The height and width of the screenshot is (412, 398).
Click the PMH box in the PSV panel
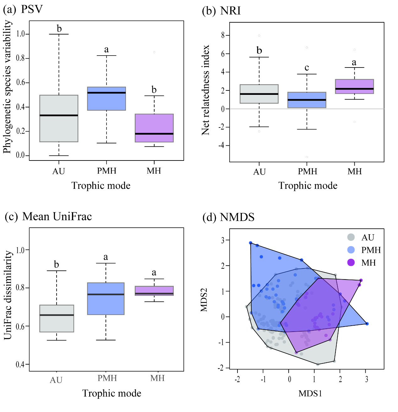click(106, 99)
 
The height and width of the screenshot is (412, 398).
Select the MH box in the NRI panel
click(354, 86)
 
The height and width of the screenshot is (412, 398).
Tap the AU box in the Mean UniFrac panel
click(57, 318)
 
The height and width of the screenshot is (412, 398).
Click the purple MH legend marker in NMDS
click(351, 263)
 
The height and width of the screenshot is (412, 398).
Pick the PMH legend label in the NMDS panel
click(371, 250)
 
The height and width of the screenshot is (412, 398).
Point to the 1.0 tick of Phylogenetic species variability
click(20, 34)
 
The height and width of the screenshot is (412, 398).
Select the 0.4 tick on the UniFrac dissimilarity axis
click(20, 364)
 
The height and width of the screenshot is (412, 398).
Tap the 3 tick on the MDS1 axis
click(366, 379)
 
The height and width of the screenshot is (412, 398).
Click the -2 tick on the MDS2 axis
click(222, 368)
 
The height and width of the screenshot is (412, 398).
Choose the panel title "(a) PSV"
click(23, 9)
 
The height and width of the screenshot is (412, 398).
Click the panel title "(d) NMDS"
click(228, 217)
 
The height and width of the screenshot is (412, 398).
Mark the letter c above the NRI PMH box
click(307, 68)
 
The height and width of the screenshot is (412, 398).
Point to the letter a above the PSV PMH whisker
click(106, 49)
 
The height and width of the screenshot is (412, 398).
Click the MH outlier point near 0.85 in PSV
click(154, 52)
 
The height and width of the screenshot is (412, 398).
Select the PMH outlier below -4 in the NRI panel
click(307, 157)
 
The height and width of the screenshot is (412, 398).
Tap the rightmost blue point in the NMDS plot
click(367, 324)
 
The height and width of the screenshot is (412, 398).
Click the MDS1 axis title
click(310, 393)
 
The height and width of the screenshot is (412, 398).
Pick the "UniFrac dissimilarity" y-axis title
click(8, 295)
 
